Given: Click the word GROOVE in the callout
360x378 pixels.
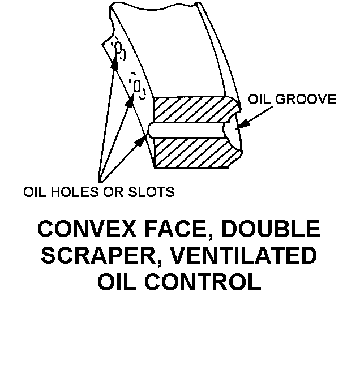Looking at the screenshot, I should click(x=306, y=100).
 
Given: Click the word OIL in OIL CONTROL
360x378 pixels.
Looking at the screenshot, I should click(x=119, y=282).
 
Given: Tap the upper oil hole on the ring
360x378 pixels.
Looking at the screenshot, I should click(x=119, y=50).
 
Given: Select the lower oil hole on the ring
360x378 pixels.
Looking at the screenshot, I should click(x=136, y=87).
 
